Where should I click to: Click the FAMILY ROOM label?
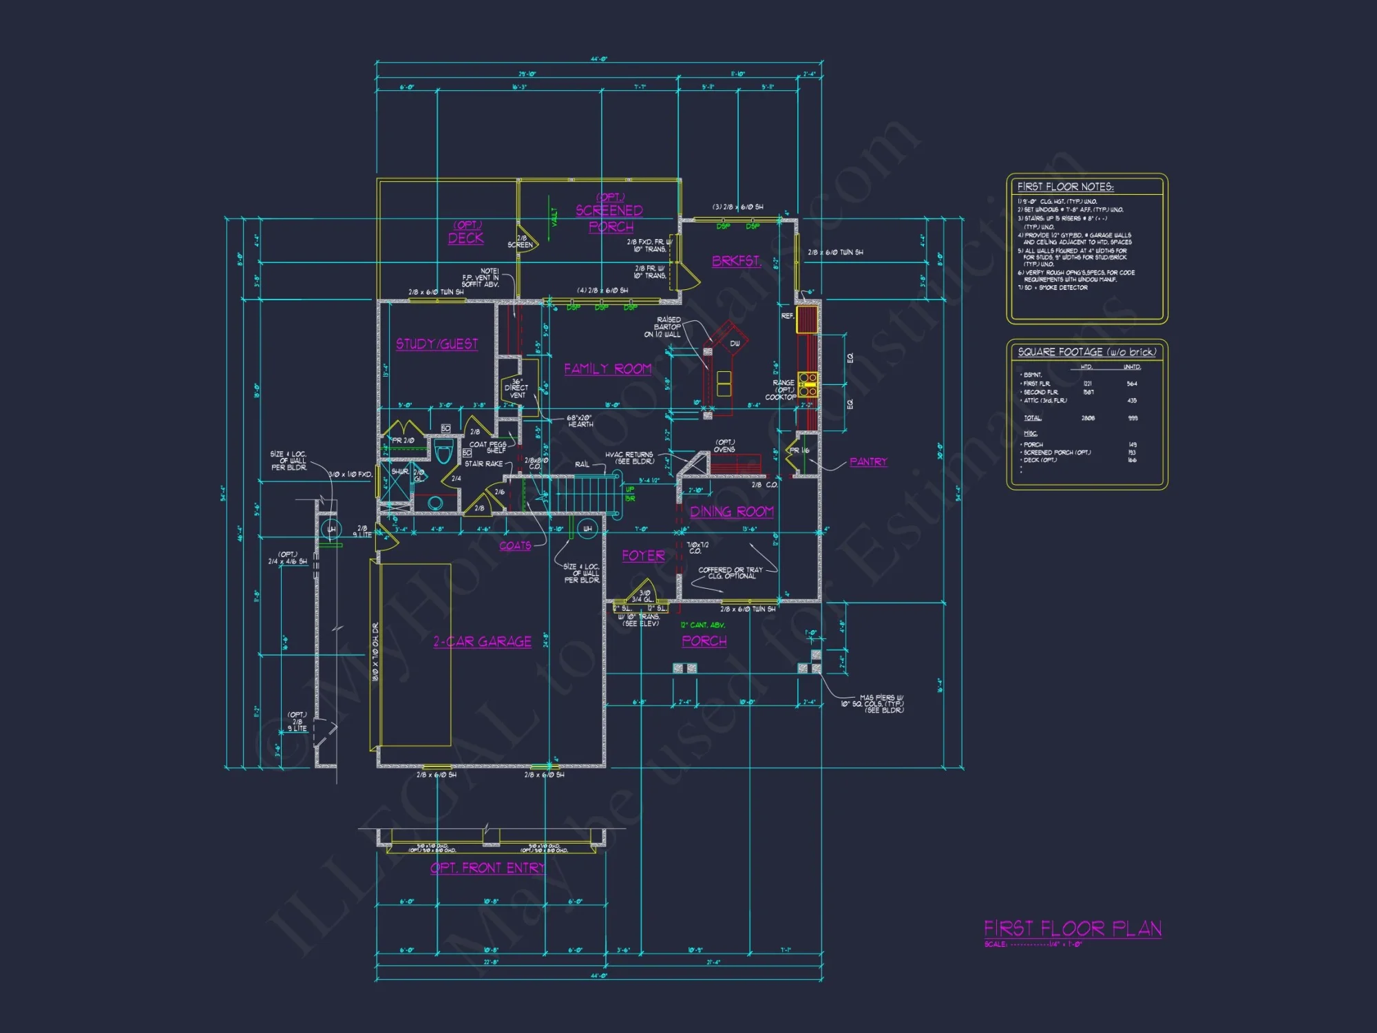coord(607,369)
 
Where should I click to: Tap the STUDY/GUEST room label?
coord(437,344)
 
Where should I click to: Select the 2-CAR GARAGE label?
coord(482,642)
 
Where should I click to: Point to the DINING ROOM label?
coord(731,512)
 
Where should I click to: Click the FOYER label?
coord(643,556)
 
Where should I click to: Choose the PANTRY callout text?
coord(868,462)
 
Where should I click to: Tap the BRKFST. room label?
coord(736,261)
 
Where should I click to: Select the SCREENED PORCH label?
coord(610,218)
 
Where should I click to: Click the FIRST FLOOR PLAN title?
coord(1072,928)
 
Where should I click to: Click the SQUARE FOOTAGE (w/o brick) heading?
coord(1086,352)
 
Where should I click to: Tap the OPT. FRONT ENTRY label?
coord(487,868)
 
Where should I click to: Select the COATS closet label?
coord(514,546)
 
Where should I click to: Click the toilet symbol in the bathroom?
coord(444,453)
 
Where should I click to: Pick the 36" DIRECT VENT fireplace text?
coord(516,388)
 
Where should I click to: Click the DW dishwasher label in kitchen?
coord(735,344)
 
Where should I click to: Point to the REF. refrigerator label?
coord(787,316)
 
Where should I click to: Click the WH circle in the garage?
coord(587,529)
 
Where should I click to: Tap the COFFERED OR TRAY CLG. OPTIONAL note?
coord(730,573)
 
